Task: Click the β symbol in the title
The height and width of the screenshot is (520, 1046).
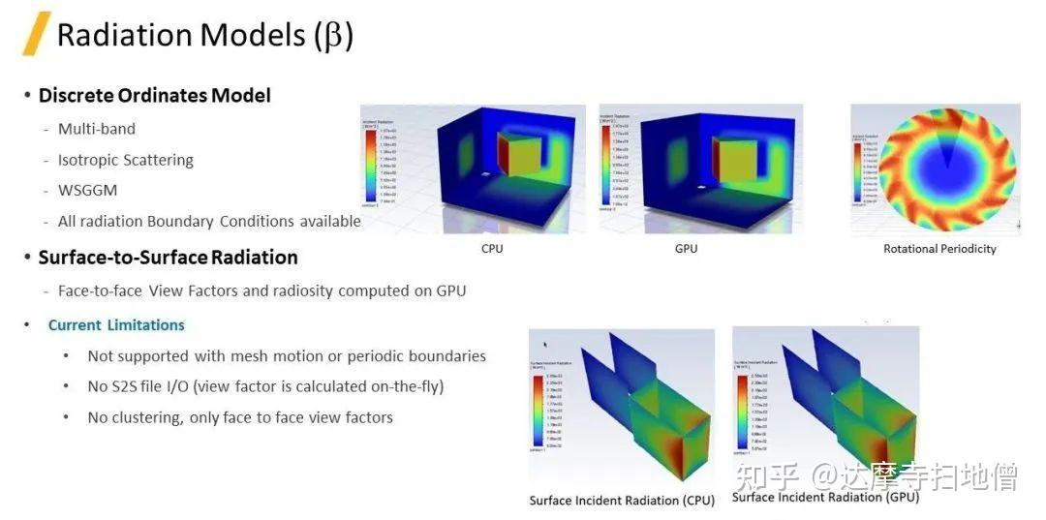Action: tap(331, 36)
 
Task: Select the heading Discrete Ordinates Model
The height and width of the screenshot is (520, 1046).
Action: tap(154, 95)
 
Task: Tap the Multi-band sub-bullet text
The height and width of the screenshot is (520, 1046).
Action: tap(97, 129)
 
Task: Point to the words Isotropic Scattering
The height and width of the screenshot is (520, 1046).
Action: tap(126, 160)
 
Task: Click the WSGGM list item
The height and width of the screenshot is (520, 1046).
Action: tap(87, 191)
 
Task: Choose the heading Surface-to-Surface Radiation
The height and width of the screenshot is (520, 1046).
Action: tap(168, 258)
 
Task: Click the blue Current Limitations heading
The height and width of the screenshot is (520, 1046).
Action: tap(116, 325)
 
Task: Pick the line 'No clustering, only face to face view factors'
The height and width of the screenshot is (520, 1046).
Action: tap(240, 417)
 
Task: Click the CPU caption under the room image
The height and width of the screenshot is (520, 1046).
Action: tap(492, 249)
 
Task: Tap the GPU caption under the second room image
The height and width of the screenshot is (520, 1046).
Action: tap(686, 249)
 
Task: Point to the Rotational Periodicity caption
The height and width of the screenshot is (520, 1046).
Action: tap(939, 249)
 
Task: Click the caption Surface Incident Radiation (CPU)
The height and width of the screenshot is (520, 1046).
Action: tap(622, 501)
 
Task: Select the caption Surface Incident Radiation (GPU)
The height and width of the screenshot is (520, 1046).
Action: tap(825, 498)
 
